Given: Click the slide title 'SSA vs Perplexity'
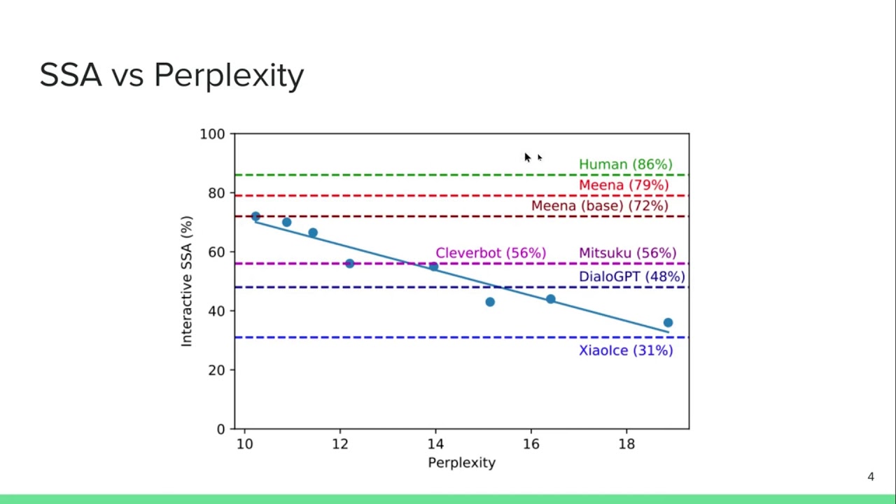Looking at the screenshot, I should pos(171,75).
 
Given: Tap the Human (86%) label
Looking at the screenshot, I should pos(625,164).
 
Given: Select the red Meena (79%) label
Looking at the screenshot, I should pos(623,185).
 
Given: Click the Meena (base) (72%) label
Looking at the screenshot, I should pos(599,206).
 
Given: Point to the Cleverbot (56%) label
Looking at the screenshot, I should pos(490,253).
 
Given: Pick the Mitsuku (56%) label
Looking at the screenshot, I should pos(627,253).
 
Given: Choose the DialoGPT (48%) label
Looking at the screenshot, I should pos(631,276).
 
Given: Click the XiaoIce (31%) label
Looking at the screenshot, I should pos(625,350).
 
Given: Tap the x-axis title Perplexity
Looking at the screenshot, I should pos(461,463).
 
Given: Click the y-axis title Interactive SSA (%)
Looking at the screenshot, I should pos(186,281).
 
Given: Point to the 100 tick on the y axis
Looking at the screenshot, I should pos(212,134).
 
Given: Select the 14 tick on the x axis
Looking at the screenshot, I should pos(435,444).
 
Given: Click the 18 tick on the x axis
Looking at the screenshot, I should pos(626,444).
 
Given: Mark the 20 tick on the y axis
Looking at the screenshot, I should pos(216,370).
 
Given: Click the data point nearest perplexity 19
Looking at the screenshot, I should pos(668,323).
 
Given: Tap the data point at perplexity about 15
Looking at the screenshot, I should pos(490,302).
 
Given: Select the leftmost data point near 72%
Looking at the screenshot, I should pos(255,217).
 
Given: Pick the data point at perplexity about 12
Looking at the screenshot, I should pos(349,263).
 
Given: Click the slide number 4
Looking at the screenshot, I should pos(871,477).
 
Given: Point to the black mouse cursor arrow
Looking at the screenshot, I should pos(527,157).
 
